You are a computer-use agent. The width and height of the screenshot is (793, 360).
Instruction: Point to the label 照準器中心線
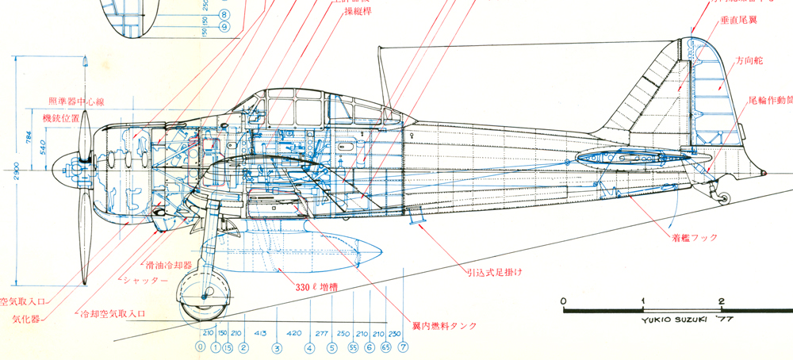click(77, 101)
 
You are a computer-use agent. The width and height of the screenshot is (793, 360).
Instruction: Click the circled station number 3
click(277, 347)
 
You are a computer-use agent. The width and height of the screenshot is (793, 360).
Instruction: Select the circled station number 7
click(403, 347)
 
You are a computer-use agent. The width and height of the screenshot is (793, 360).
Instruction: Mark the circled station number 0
click(201, 347)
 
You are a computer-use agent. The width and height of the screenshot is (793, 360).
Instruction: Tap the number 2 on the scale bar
click(722, 301)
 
